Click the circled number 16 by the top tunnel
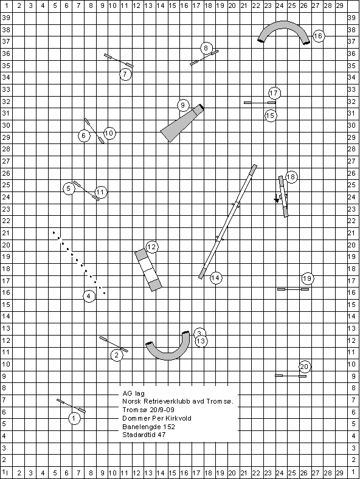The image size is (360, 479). click(x=318, y=36)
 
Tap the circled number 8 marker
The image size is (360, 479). click(x=206, y=48)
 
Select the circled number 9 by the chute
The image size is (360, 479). click(x=183, y=105)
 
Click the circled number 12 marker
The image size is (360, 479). click(x=152, y=247)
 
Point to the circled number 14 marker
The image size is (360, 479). click(x=216, y=278)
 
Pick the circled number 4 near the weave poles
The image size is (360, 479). click(x=89, y=296)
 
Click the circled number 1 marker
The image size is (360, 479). click(x=74, y=418)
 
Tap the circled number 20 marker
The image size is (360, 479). click(x=304, y=367)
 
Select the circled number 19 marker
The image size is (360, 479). click(x=308, y=278)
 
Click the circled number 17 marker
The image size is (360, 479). click(x=274, y=93)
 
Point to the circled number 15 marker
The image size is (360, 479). click(x=271, y=115)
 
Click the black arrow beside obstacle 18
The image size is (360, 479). click(x=277, y=198)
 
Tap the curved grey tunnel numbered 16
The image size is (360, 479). click(x=284, y=25)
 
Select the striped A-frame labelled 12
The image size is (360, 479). click(x=148, y=270)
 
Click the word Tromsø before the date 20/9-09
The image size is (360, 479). click(x=131, y=410)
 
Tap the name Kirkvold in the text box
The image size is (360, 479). click(x=179, y=418)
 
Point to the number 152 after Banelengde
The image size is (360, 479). click(x=168, y=427)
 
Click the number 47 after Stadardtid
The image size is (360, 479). click(x=161, y=435)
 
